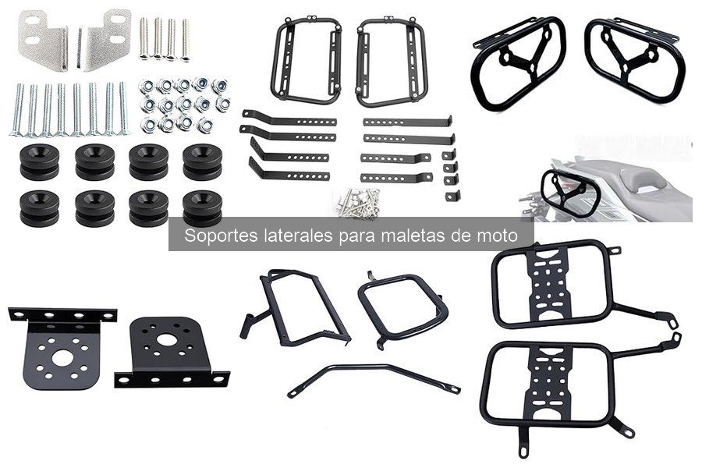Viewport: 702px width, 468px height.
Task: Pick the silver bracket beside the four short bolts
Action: click(106, 39)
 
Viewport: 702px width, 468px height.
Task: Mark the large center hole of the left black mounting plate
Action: click(62, 359)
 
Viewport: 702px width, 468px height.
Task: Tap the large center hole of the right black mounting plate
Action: click(166, 340)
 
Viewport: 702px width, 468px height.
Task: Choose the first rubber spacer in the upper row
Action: click(39, 161)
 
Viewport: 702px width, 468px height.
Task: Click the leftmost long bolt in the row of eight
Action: click(17, 109)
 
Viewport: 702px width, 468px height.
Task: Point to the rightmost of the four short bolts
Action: click(185, 39)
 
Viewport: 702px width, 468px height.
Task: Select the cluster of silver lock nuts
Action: click(183, 105)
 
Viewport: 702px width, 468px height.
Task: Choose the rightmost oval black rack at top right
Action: click(635, 59)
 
